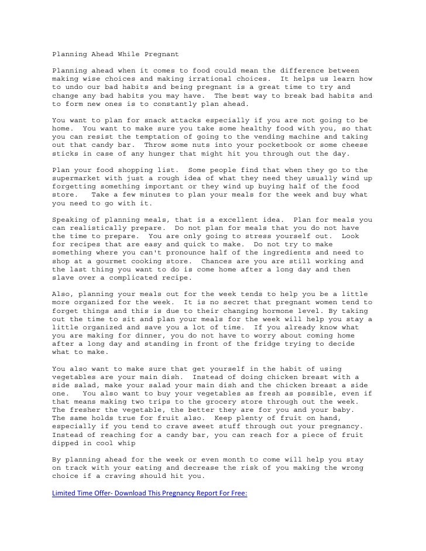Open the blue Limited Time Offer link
[x=149, y=493]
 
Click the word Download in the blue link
[x=133, y=493]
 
